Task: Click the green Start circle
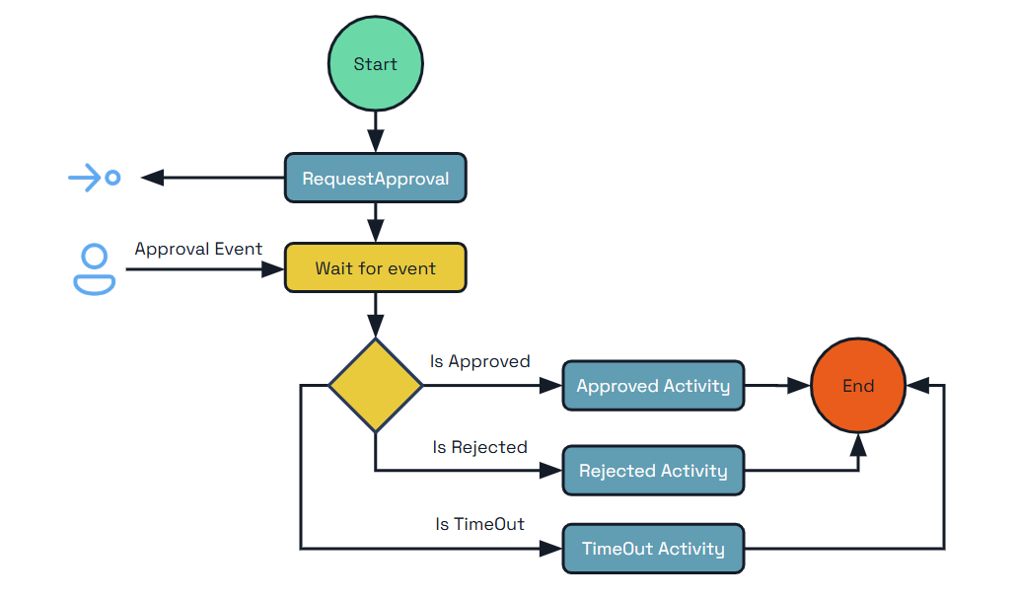point(375,64)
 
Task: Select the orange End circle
point(857,386)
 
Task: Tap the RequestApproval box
point(375,179)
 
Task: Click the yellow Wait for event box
point(375,268)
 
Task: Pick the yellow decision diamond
point(375,386)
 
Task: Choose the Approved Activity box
point(653,386)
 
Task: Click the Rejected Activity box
point(653,471)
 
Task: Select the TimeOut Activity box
point(653,549)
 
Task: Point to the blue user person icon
point(95,269)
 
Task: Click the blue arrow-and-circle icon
point(95,179)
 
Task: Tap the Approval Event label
point(198,249)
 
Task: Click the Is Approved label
point(479,361)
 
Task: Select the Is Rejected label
point(479,447)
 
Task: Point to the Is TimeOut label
point(479,524)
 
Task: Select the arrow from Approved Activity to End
point(777,386)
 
